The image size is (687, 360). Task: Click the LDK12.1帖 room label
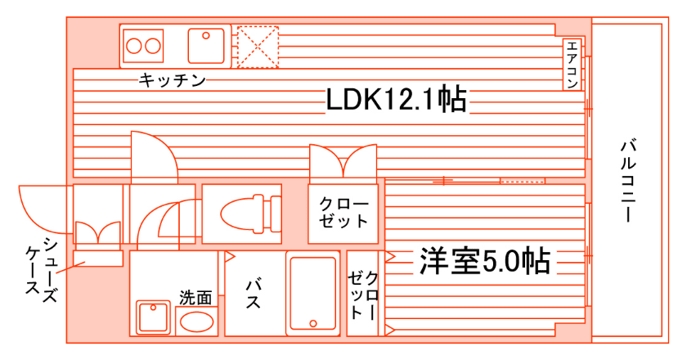397,99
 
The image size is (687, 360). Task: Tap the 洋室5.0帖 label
483,261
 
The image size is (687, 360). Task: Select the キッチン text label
172,80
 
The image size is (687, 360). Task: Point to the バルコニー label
629,181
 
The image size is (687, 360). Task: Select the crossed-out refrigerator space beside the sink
257,46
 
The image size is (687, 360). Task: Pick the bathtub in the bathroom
312,292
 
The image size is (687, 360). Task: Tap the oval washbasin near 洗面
196,320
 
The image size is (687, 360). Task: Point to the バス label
254,292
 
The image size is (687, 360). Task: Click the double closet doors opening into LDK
343,160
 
